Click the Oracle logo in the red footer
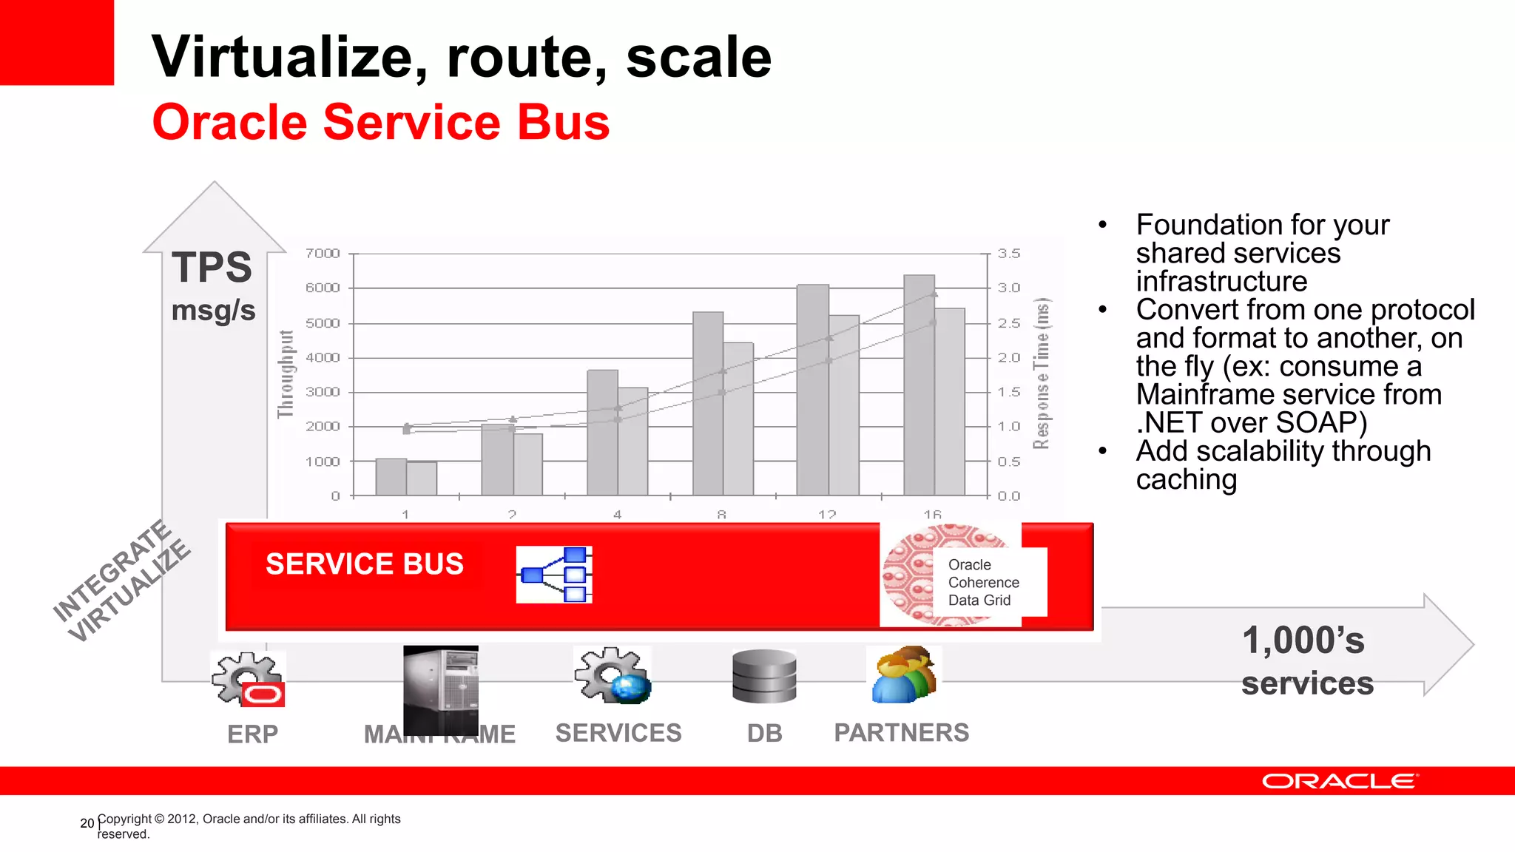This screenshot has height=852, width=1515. (1340, 782)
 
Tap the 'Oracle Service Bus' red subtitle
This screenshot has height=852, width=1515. (381, 122)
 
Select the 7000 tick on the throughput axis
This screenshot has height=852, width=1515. (323, 254)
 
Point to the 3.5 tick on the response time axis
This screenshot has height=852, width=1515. (1008, 254)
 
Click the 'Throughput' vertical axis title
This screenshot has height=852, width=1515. (286, 374)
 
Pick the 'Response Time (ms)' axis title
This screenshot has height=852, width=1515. (1042, 374)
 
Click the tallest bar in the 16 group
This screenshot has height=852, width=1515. (919, 385)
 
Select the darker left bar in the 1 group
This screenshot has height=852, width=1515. (391, 477)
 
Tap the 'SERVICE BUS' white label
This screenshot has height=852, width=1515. (365, 564)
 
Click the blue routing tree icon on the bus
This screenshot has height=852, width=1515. (554, 575)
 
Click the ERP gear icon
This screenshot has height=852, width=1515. (248, 679)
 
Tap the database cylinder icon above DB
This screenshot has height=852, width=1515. (764, 676)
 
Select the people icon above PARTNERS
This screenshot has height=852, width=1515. (903, 674)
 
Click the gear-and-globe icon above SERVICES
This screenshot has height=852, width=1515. (613, 675)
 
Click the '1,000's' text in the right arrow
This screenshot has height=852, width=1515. (1303, 640)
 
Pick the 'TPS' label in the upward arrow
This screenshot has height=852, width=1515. (212, 267)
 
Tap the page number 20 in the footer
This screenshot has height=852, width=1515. (87, 823)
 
